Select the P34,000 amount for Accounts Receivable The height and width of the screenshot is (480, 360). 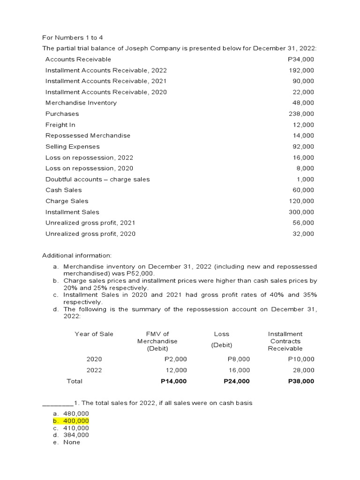point(300,59)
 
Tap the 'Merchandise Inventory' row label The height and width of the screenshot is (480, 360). point(81,103)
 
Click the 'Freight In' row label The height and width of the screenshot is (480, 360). point(60,125)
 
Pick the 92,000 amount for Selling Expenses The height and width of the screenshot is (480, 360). point(303,146)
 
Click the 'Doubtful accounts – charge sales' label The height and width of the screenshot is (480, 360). point(97,179)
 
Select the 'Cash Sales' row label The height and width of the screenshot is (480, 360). point(63,190)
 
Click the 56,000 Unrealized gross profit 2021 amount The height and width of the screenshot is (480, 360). point(303,223)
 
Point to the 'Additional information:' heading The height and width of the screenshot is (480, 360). point(77,255)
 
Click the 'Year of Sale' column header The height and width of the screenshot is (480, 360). point(94,334)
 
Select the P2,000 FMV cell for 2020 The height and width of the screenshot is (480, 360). point(176,359)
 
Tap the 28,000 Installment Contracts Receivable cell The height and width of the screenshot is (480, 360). point(305,370)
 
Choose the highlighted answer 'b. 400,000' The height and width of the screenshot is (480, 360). point(71,421)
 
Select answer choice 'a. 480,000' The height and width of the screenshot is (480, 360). point(71,413)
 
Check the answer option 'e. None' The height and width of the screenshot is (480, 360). point(67,442)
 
